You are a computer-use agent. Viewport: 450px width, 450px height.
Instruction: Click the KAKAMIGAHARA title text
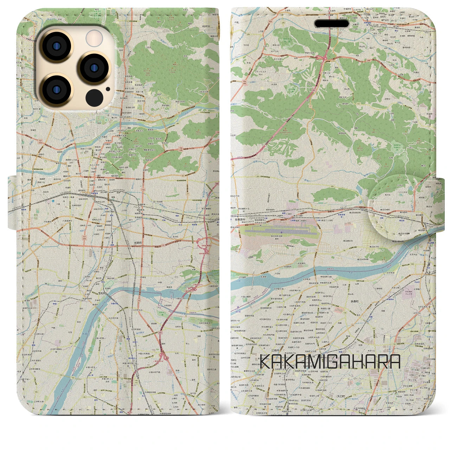tap(330, 361)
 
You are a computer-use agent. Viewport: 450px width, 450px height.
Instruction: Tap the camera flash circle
tap(94, 38)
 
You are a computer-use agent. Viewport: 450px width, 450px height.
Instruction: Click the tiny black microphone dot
tap(108, 89)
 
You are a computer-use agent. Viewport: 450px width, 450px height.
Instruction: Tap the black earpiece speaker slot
tap(332, 24)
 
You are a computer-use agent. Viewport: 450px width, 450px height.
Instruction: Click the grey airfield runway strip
tap(278, 232)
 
